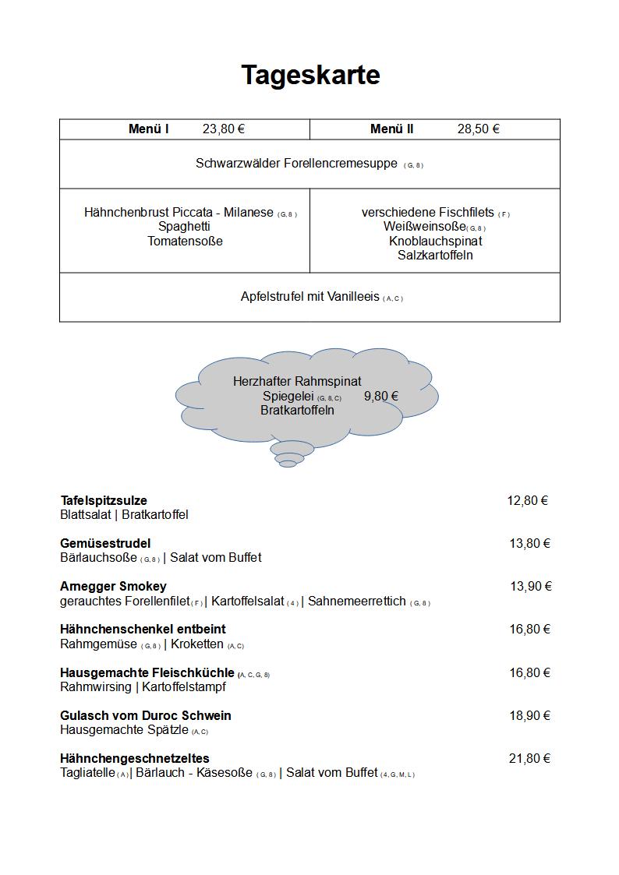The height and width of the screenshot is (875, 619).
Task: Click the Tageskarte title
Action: [x=310, y=75]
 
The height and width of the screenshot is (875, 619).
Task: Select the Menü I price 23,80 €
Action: [x=224, y=129]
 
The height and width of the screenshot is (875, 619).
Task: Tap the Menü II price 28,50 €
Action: [x=478, y=129]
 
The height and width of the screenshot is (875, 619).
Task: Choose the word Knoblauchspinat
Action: [x=435, y=241]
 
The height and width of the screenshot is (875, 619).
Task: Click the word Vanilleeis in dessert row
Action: [x=353, y=296]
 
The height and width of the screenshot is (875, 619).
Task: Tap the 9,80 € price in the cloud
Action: [x=381, y=396]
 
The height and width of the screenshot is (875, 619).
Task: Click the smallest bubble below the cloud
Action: [x=288, y=464]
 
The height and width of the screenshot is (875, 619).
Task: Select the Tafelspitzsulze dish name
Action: [x=104, y=500]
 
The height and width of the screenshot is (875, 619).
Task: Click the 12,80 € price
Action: [x=528, y=500]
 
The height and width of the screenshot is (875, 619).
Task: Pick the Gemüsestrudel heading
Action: [x=105, y=543]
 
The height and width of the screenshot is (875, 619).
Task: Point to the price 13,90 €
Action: [x=531, y=586]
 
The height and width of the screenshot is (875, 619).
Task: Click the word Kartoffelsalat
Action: [x=247, y=601]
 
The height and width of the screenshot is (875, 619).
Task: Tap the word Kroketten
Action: [x=197, y=644]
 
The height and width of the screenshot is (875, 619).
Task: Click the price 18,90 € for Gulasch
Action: [x=530, y=715]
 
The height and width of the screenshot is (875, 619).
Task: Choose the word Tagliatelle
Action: [x=87, y=772]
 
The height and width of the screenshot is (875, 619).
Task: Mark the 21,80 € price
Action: [x=529, y=758]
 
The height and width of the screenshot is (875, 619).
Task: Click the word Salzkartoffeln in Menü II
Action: [x=435, y=255]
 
